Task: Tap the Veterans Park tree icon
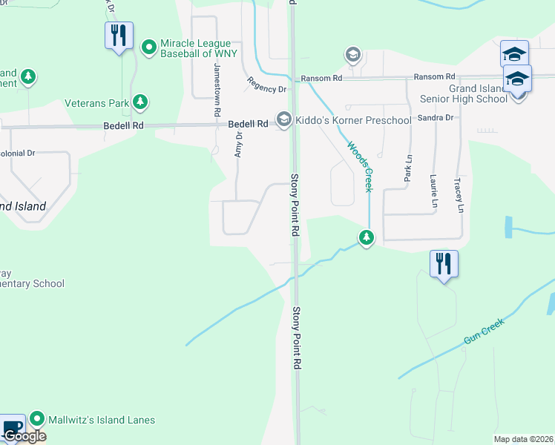tap(139, 102)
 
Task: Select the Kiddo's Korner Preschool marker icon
tap(283, 120)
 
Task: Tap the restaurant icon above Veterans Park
tap(118, 36)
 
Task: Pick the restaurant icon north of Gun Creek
tap(443, 263)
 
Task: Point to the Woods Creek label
tap(358, 167)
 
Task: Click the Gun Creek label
tap(484, 330)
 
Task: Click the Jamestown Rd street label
tap(217, 91)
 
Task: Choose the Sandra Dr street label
tap(435, 118)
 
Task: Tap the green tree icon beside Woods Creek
tap(366, 237)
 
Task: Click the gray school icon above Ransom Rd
tap(352, 55)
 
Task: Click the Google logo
tap(24, 435)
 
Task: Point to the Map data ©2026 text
tap(523, 439)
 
